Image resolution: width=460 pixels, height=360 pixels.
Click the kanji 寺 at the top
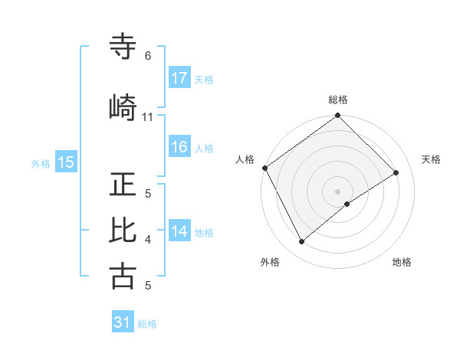tap(123, 47)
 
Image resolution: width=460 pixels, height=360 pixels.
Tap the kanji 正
tap(123, 185)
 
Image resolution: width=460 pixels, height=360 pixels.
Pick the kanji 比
tap(123, 231)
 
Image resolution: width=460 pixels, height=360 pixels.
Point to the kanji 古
tap(123, 276)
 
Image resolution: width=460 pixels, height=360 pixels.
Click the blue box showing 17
tap(179, 78)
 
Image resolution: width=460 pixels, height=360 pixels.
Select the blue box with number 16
tap(179, 148)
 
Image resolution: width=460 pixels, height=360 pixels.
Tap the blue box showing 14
tap(179, 232)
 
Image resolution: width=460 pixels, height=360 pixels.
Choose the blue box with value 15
tap(66, 162)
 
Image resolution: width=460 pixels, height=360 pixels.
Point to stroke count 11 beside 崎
tap(148, 116)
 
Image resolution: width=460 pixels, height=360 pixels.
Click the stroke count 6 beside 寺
tap(148, 56)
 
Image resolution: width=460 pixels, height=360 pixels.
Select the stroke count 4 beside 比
tap(148, 240)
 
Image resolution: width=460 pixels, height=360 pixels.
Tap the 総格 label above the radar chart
tap(338, 100)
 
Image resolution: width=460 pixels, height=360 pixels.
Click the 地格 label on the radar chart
tap(402, 262)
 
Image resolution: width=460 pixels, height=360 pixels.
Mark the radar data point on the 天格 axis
tap(396, 172)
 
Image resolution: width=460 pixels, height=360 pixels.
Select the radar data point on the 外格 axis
tap(301, 242)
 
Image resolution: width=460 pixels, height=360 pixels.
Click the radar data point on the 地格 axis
tap(347, 204)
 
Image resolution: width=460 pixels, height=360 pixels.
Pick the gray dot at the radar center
tap(337, 191)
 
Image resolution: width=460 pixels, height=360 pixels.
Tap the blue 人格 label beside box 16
tap(204, 149)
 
